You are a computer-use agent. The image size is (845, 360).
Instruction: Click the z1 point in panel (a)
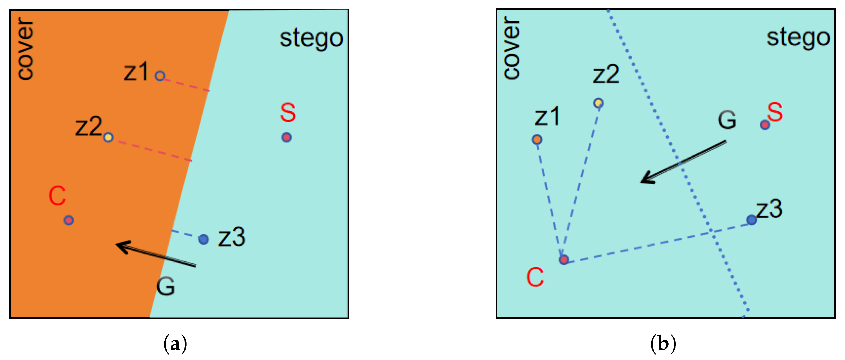coord(159,76)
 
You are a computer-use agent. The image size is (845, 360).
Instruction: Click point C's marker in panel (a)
coord(69,220)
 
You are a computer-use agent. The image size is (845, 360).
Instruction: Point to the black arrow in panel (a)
coord(156,255)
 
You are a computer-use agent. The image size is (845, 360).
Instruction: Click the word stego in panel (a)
coord(311,39)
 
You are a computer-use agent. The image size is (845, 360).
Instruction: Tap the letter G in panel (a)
coord(165,286)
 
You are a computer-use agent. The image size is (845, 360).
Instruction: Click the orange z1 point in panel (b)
coord(537,140)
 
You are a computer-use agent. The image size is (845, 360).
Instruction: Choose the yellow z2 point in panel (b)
coord(598,103)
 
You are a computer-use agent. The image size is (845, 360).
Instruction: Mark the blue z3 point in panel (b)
coord(752,220)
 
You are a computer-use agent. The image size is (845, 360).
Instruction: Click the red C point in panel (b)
coord(564,260)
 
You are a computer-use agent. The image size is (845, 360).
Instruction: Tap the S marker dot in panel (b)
coord(765,125)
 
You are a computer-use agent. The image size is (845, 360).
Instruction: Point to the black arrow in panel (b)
coord(683,162)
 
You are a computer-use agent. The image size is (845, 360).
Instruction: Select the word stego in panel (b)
coord(798,38)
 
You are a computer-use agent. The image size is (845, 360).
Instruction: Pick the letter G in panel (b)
coord(727,120)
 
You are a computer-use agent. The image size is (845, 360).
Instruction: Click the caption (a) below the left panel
coord(175,344)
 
